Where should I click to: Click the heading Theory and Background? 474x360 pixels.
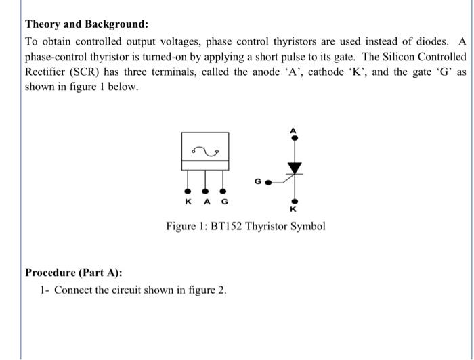(86, 24)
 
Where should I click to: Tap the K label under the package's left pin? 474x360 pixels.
(187, 202)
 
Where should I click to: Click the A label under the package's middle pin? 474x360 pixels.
(206, 202)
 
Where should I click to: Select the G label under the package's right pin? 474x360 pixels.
(225, 202)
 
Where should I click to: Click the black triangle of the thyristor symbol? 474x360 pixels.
(293, 166)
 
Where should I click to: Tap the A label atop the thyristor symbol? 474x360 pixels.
(293, 129)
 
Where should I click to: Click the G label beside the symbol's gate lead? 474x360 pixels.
(258, 181)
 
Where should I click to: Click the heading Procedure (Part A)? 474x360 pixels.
(74, 273)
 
